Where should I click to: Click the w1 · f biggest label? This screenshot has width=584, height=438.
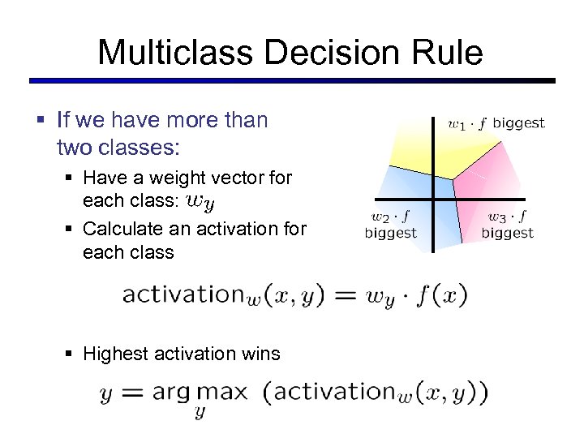point(496,123)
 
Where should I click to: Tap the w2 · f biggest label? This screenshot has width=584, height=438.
point(390,225)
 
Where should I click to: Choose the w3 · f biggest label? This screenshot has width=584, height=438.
point(507,225)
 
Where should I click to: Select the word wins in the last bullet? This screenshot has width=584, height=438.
point(260,354)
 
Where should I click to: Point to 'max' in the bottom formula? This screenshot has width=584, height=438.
point(222,393)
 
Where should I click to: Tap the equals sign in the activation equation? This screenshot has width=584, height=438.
point(344,294)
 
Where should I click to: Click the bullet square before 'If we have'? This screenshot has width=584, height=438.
point(41,121)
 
